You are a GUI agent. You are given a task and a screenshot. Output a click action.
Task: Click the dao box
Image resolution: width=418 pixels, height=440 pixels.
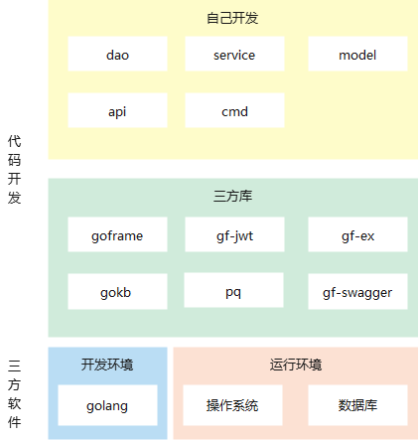(x=117, y=54)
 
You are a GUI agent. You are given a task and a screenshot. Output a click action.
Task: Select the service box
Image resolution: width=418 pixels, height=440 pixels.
(x=234, y=54)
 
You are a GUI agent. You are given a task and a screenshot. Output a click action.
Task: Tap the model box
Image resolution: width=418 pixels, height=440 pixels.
(x=357, y=54)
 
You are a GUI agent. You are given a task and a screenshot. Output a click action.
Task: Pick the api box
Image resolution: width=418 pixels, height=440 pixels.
(x=117, y=110)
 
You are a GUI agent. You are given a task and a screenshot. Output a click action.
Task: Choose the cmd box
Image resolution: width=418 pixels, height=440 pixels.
(x=234, y=110)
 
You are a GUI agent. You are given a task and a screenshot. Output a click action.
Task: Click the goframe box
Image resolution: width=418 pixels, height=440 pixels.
(x=117, y=234)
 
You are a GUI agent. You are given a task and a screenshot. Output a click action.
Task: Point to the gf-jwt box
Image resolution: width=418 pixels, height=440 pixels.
(x=234, y=234)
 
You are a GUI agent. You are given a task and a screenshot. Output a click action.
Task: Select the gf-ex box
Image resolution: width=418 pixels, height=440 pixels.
(x=357, y=234)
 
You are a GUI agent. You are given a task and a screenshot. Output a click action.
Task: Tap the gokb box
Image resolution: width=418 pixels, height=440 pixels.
(x=117, y=291)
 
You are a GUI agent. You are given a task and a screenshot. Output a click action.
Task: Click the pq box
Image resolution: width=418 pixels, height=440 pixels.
(x=233, y=290)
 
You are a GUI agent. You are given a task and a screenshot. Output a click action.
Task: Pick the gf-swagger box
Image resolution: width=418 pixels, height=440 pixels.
(x=357, y=291)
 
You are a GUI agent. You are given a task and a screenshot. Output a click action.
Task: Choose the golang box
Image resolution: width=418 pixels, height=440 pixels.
(x=107, y=405)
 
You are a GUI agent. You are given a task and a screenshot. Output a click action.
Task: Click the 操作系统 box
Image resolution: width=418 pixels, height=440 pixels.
(x=232, y=405)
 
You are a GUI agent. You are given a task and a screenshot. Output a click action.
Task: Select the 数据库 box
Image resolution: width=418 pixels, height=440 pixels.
(x=357, y=405)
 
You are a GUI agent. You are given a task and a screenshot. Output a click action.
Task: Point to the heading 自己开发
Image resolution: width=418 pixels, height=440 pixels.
(x=232, y=18)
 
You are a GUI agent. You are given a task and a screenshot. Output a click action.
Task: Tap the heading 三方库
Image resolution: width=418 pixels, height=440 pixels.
(x=232, y=196)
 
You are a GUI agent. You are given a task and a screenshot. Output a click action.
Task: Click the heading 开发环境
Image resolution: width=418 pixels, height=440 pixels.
(x=107, y=365)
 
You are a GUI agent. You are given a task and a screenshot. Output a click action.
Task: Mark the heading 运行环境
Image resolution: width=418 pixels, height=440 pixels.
(x=296, y=365)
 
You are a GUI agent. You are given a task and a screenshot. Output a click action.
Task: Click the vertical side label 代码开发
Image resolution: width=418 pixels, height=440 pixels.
(x=14, y=169)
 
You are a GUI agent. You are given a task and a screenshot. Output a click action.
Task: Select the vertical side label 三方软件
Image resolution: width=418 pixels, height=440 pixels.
(x=14, y=394)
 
